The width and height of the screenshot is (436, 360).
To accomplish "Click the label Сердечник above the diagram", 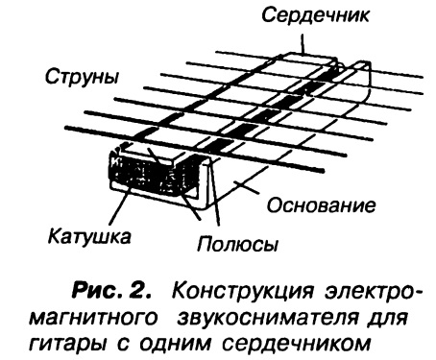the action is tap(315, 15).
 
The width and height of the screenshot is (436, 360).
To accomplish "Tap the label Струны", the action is tap(82, 78).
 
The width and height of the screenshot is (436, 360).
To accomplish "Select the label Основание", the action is tap(321, 205).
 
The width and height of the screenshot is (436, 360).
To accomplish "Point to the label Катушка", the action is tap(89, 237).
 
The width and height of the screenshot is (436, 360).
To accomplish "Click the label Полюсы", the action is tap(237, 245).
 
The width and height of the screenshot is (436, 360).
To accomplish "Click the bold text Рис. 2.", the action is tap(111, 291).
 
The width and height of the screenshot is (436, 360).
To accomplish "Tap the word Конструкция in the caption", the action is tap(242, 292).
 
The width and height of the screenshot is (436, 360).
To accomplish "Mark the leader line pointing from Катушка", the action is tap(120, 204).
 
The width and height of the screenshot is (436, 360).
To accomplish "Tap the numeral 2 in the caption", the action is tap(138, 291).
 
